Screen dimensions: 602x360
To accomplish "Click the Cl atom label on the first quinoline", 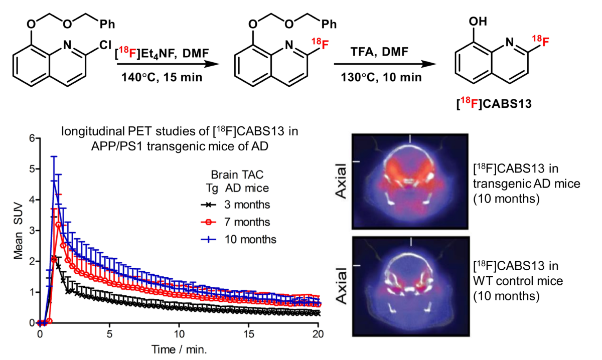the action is (x=105, y=45).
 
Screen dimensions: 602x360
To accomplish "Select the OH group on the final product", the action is (x=478, y=22).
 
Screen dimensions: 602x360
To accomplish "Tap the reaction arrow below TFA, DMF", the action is (x=385, y=64).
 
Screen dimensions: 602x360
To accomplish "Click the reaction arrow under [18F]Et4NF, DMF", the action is (x=168, y=64).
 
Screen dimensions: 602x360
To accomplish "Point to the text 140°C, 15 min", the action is (x=162, y=77).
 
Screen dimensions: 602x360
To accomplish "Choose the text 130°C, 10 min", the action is (x=381, y=77).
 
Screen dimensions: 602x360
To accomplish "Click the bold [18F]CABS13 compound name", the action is (x=494, y=103).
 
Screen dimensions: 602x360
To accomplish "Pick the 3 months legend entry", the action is (x=235, y=205).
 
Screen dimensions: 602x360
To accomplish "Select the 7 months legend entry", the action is (x=235, y=222).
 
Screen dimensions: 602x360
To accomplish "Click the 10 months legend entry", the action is (x=238, y=239).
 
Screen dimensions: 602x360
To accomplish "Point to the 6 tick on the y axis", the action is (x=32, y=138).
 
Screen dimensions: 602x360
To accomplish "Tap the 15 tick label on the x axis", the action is (x=249, y=334).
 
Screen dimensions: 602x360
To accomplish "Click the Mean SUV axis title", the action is (x=18, y=231).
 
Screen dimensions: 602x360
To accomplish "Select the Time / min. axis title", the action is (x=179, y=349).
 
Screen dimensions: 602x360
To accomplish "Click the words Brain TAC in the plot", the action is (x=237, y=174).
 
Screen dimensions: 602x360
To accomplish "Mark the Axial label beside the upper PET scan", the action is (x=341, y=181).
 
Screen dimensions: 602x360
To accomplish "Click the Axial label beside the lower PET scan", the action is (x=341, y=286).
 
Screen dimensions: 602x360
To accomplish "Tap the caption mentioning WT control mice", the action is (x=518, y=281).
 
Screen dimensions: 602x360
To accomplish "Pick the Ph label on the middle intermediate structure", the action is (x=329, y=25).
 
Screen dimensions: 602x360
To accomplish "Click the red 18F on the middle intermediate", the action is (x=320, y=44).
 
